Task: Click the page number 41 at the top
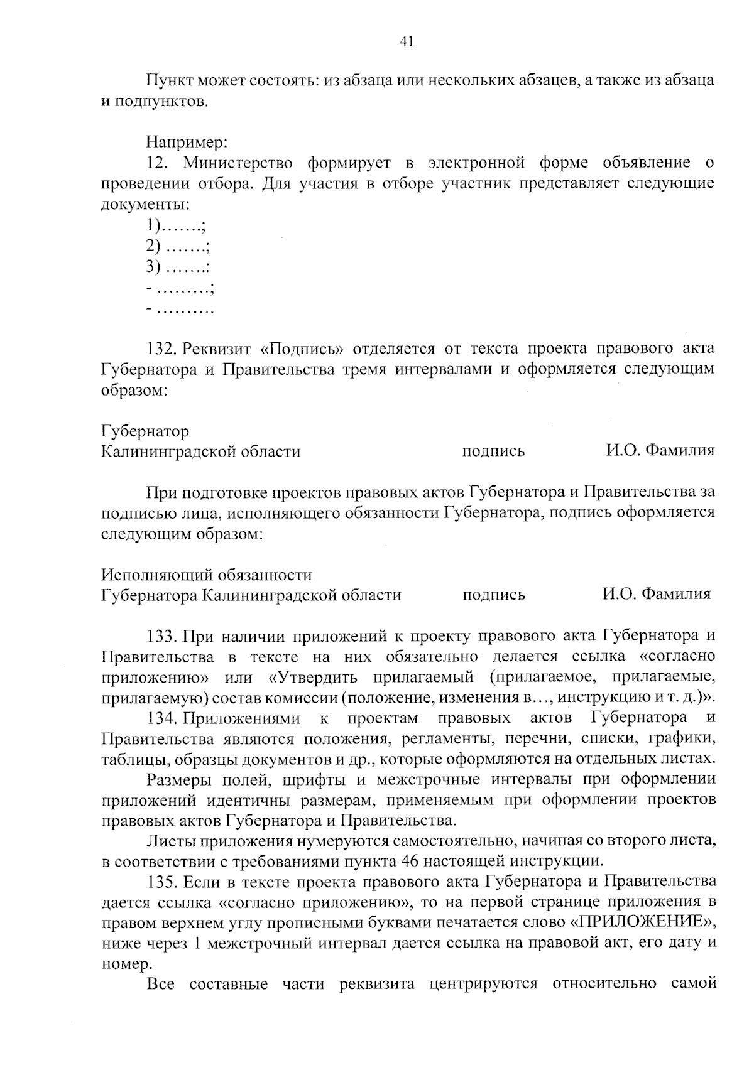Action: tap(406, 42)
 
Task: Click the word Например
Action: tap(187, 143)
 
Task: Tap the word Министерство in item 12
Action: tap(238, 164)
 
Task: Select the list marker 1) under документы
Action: tap(154, 225)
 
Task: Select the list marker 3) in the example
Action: tap(154, 267)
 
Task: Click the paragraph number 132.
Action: tap(160, 349)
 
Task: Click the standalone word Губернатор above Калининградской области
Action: tap(145, 431)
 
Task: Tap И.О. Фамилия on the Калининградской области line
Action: tap(660, 451)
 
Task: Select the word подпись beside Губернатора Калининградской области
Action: tap(493, 595)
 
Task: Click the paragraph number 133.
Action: tap(160, 636)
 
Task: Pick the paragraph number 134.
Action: tap(160, 718)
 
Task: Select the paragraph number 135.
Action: tap(160, 882)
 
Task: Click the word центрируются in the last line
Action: tap(483, 984)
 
